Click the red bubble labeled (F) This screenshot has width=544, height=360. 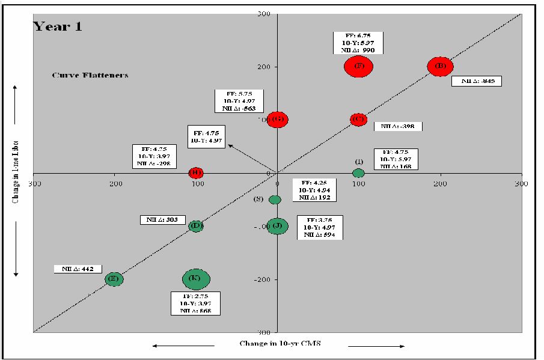tap(359, 66)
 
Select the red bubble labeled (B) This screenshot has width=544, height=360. tap(440, 66)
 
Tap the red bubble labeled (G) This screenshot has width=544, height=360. tap(278, 120)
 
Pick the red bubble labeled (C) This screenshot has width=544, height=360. tap(358, 120)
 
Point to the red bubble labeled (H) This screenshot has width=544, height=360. tap(195, 173)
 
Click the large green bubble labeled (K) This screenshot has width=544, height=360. tap(195, 279)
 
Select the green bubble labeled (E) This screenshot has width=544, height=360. tap(114, 279)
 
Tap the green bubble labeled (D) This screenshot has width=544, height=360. tap(195, 226)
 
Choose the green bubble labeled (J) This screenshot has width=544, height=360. tap(277, 226)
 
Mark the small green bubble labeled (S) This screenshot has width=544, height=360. tap(275, 200)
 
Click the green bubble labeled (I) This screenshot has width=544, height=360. tap(358, 173)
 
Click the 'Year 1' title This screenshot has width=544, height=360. tap(57, 26)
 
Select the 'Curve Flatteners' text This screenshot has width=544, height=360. tap(90, 76)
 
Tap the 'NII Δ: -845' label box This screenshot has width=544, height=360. tap(477, 81)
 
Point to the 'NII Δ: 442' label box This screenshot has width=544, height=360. tap(78, 269)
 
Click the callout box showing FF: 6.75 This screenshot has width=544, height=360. tap(358, 43)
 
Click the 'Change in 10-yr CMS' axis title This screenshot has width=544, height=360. tap(278, 343)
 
